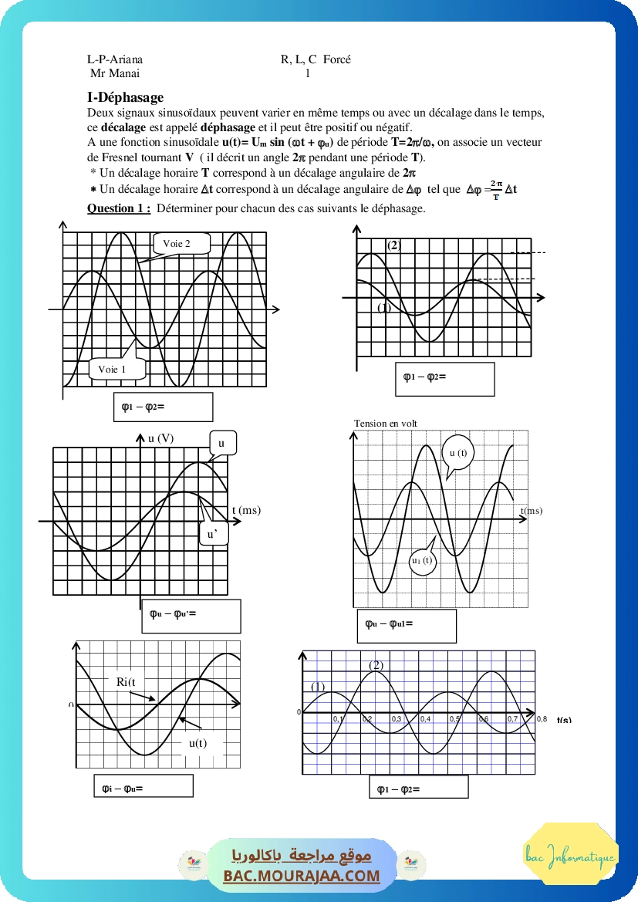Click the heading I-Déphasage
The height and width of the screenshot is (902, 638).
click(125, 97)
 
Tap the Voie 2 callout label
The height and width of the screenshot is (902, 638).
click(175, 245)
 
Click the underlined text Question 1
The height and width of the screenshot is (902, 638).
click(118, 208)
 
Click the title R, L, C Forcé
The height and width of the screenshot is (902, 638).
click(316, 59)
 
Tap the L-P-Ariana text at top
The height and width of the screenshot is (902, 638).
click(115, 59)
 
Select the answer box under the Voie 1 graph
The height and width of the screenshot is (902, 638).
click(162, 407)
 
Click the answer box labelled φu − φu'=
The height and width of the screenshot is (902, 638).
click(191, 615)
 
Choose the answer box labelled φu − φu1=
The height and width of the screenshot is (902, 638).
click(410, 625)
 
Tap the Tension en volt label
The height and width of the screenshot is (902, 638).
click(385, 423)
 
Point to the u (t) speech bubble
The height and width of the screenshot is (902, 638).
click(458, 454)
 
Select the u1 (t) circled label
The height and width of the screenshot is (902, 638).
click(422, 561)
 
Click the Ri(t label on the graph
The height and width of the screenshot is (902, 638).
click(126, 681)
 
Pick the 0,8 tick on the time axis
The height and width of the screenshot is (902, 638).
click(542, 718)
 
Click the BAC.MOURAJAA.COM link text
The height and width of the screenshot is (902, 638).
click(302, 876)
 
